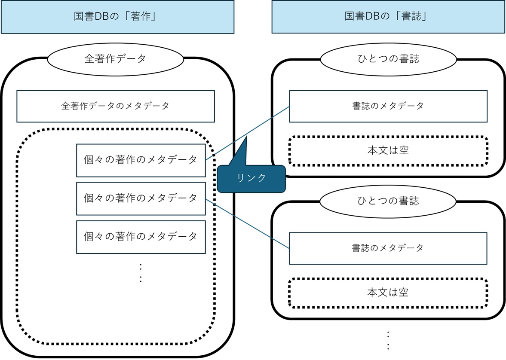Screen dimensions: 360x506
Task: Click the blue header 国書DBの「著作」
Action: [117, 17]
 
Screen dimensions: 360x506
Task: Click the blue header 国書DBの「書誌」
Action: [388, 17]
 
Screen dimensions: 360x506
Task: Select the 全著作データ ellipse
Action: [115, 59]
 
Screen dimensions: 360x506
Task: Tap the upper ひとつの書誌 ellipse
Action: [388, 59]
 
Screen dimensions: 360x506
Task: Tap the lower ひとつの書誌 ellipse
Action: [388, 201]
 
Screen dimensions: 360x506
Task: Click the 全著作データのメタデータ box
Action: [115, 106]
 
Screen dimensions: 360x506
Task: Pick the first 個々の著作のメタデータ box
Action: [141, 160]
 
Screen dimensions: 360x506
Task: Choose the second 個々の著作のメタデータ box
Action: [141, 198]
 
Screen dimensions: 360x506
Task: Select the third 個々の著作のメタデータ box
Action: [141, 236]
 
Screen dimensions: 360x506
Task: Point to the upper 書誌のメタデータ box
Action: [388, 106]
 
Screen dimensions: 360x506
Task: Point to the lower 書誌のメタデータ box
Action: [388, 248]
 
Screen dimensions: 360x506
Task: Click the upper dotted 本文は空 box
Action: [388, 151]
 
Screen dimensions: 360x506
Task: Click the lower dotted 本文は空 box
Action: [388, 293]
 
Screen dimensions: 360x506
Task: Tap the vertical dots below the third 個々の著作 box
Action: [141, 273]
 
